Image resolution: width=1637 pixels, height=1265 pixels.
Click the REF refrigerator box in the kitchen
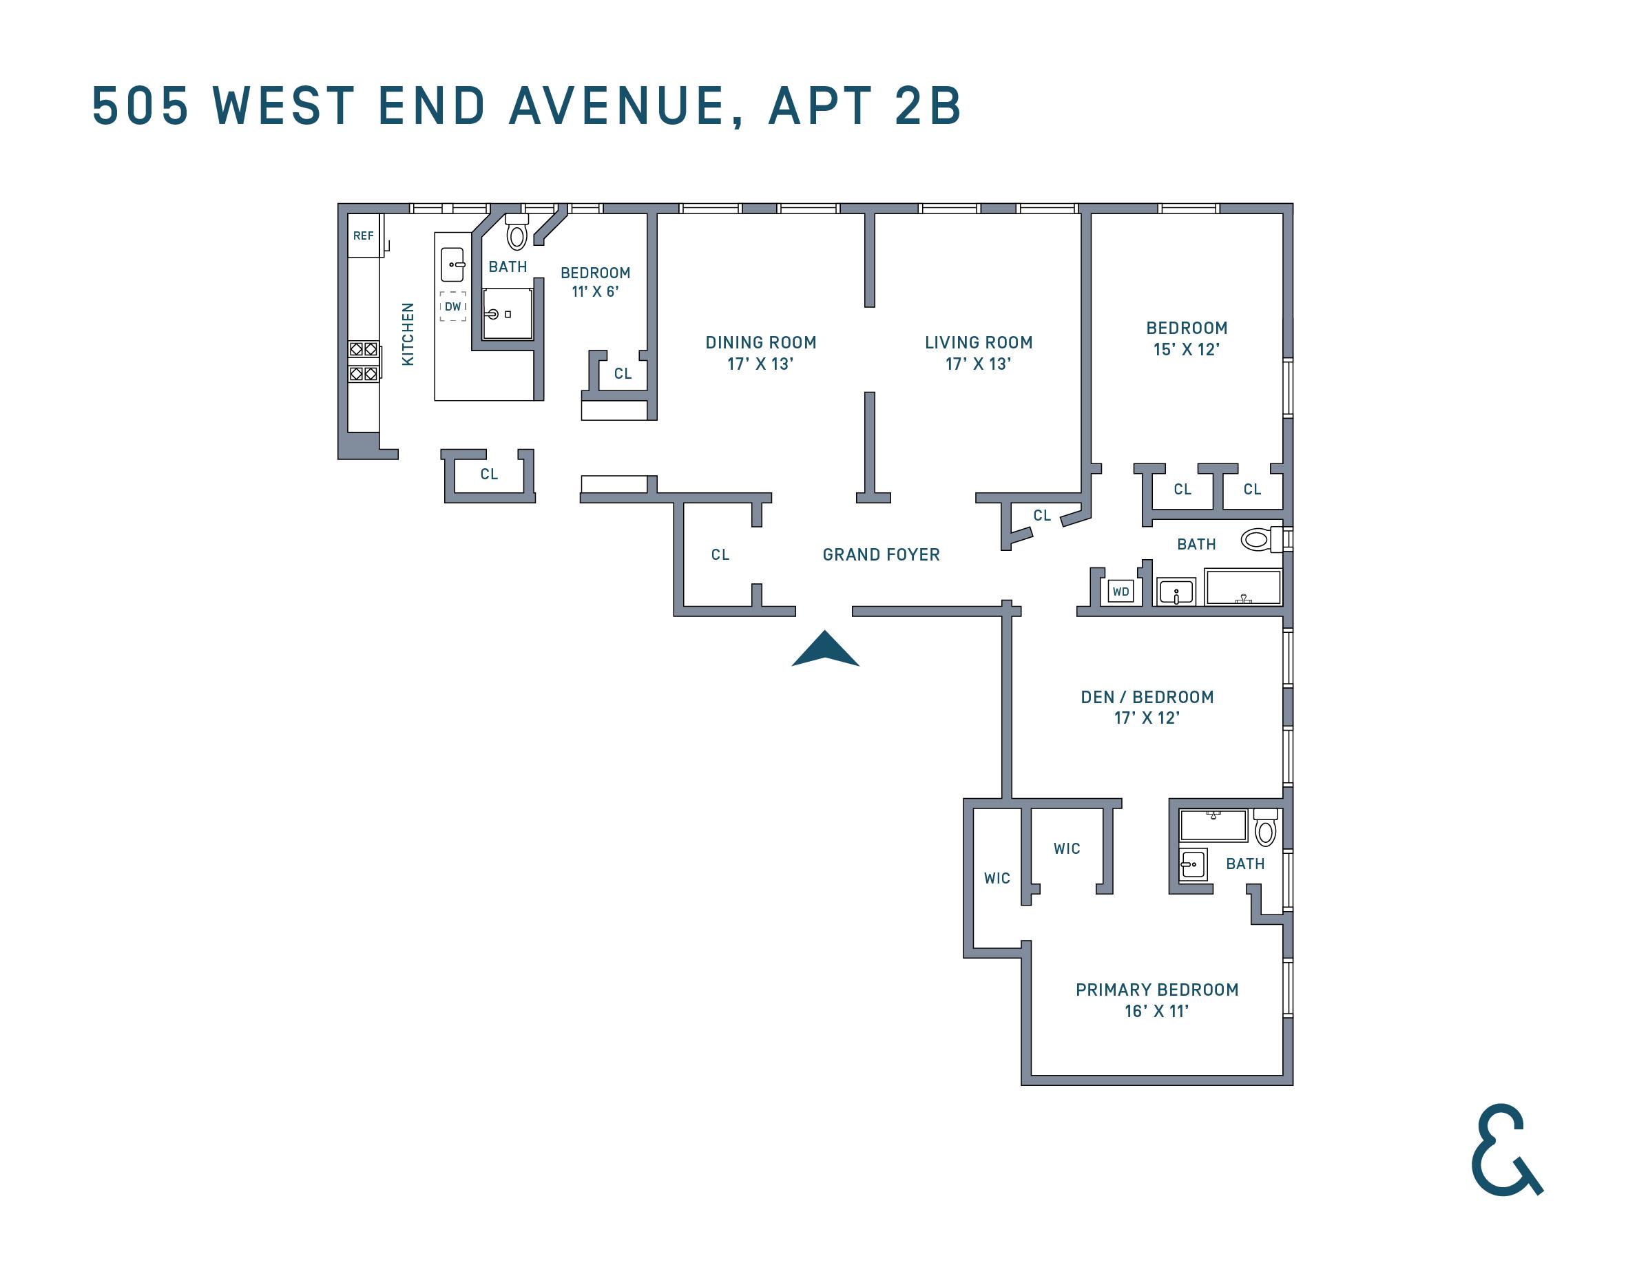tap(364, 236)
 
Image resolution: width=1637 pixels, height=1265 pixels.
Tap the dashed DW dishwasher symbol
tap(452, 306)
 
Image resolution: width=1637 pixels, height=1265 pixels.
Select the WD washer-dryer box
tap(1120, 592)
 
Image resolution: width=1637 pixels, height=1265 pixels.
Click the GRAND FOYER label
tap(881, 554)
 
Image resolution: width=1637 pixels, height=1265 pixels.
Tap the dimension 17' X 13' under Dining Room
tap(760, 364)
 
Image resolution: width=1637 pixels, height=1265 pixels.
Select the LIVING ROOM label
tap(978, 342)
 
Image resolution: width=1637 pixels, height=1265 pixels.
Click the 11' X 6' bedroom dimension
tap(595, 291)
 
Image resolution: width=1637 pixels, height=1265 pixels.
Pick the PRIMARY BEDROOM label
tap(1156, 990)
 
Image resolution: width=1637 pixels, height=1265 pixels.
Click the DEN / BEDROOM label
tap(1147, 697)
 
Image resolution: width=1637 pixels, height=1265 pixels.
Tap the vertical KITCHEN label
tap(408, 334)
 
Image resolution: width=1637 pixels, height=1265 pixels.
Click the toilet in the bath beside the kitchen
tap(517, 232)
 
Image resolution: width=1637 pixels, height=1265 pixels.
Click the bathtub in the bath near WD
tap(1243, 587)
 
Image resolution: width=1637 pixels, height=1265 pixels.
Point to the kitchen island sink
tap(452, 264)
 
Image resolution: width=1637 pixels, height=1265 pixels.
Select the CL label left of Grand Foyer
tap(720, 554)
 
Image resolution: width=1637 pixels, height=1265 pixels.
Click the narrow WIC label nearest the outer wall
tap(997, 878)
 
